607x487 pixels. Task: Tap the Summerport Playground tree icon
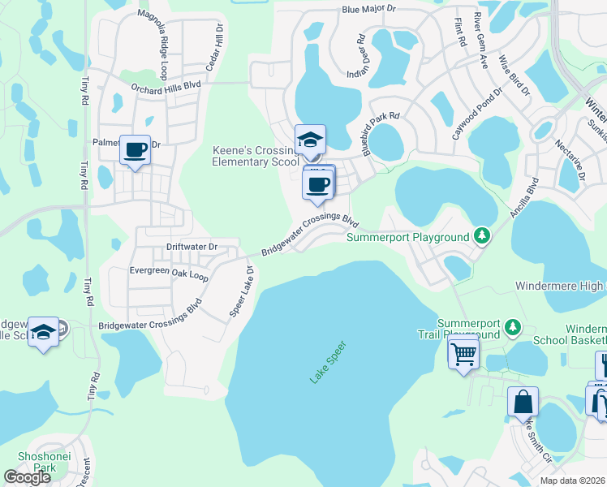point(483,236)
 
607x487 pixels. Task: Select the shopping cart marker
point(463,354)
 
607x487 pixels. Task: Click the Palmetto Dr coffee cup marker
point(136,151)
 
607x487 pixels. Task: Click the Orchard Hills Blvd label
point(165,85)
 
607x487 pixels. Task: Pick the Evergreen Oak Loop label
point(169,275)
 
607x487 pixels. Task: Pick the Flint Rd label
point(458,32)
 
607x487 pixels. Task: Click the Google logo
point(27,477)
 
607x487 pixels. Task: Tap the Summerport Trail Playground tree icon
point(512,327)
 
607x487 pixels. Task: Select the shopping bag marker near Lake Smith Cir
point(523,402)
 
